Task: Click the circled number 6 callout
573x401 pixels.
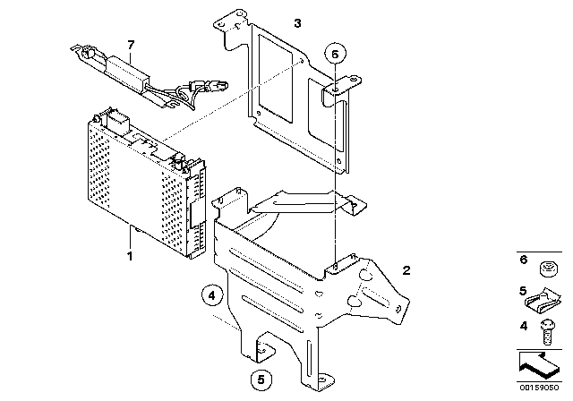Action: pos(335,54)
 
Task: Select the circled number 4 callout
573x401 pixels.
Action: pos(212,295)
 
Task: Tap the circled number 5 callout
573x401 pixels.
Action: pos(261,380)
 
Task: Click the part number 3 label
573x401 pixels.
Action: pos(298,23)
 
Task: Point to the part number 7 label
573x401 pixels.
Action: pos(131,45)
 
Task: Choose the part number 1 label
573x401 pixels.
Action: pos(130,256)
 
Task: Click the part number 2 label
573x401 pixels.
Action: pos(406,270)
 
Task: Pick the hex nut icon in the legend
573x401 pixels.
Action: pos(549,269)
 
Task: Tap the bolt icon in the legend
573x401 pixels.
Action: pos(547,332)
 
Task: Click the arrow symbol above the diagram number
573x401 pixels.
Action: pos(539,365)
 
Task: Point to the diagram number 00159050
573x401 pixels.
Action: pos(539,388)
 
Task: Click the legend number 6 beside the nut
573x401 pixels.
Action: pos(524,260)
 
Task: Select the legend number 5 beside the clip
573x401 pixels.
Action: pos(523,291)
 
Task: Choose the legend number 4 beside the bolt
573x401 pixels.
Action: pos(524,326)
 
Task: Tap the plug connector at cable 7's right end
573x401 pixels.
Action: pos(218,86)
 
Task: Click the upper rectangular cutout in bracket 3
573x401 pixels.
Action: pos(276,78)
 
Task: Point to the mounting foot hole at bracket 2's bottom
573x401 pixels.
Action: pos(321,380)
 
